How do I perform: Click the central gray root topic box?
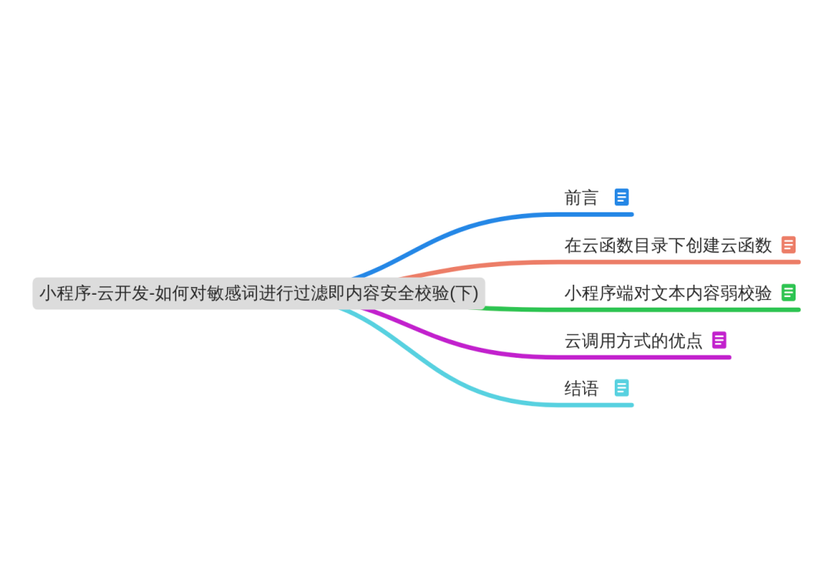click(x=259, y=293)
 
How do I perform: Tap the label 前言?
click(x=581, y=198)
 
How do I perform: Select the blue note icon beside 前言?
click(x=622, y=197)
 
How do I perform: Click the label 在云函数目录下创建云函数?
click(x=668, y=245)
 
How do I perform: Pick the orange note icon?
click(x=788, y=245)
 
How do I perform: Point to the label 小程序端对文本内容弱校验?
click(x=668, y=293)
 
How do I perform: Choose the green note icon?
click(x=788, y=292)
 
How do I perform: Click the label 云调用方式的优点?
click(x=633, y=341)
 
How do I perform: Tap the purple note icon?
click(x=719, y=340)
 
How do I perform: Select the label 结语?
click(x=581, y=389)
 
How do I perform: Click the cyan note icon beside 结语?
click(x=622, y=388)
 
